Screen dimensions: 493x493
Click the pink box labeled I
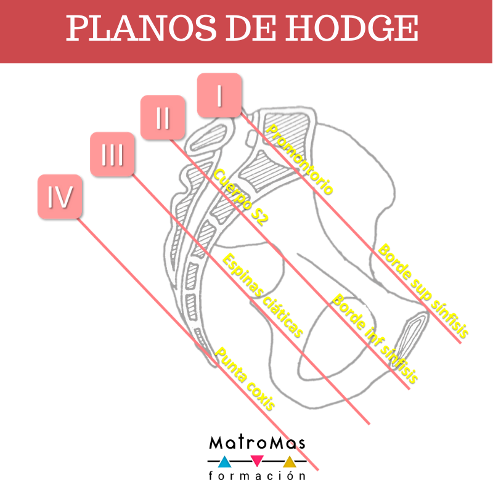219,95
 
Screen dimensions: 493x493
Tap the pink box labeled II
162,117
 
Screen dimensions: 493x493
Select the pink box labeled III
112,155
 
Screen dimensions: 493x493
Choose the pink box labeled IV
60,196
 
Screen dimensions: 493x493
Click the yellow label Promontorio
300,158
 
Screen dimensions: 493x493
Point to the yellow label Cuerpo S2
240,197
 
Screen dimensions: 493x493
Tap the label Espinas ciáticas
263,295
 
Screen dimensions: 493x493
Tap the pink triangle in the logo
258,460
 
